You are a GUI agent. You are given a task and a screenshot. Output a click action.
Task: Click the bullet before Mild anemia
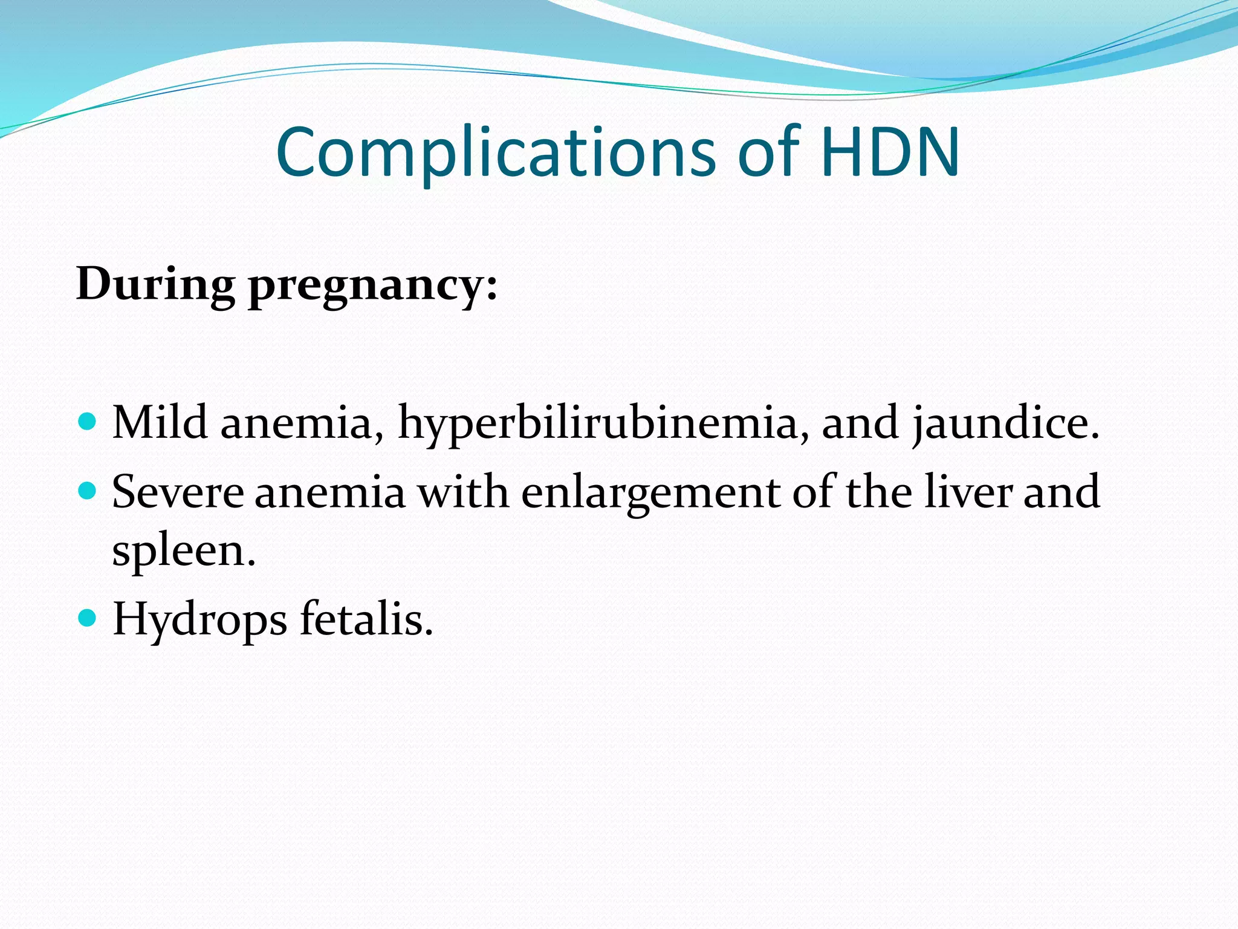point(88,421)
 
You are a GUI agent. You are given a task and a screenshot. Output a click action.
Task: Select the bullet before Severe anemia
point(88,490)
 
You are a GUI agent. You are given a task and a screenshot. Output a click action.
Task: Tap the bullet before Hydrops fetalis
point(88,618)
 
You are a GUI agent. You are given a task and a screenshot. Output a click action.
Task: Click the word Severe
point(178,492)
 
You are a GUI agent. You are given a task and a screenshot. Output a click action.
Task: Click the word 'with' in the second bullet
point(463,492)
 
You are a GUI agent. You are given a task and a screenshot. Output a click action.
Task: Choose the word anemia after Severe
point(330,492)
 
